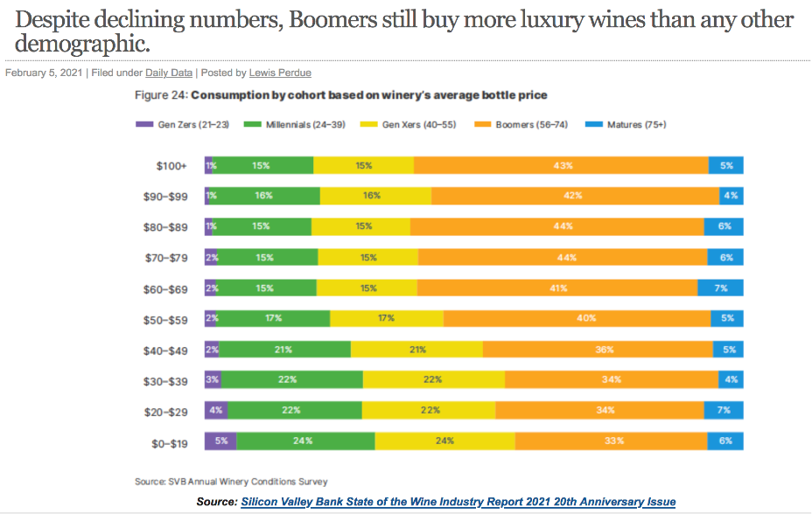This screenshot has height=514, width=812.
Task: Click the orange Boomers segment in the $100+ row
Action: [561, 165]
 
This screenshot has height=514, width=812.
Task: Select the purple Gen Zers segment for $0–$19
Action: [220, 441]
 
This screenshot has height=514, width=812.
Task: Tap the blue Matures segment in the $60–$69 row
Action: [720, 288]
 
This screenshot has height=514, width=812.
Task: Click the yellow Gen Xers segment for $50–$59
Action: [387, 318]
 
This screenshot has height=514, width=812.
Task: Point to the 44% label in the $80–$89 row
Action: [563, 226]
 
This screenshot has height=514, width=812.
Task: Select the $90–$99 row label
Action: [165, 197]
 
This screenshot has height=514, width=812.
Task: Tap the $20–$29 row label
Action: [165, 411]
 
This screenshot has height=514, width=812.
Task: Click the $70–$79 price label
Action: [165, 258]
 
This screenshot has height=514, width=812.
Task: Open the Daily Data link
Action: [169, 73]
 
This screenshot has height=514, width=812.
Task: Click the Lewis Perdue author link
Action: [280, 73]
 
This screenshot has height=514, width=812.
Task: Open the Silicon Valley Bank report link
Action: [458, 502]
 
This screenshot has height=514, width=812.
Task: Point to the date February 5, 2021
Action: [44, 73]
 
